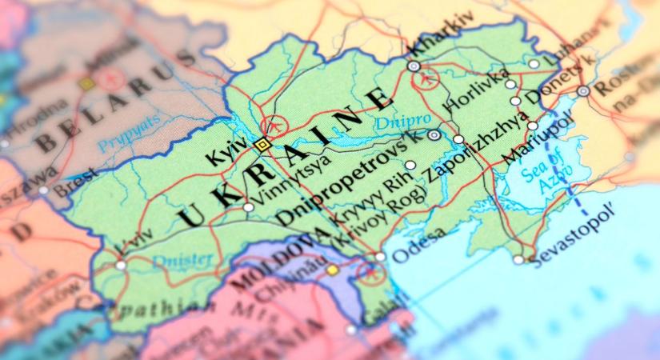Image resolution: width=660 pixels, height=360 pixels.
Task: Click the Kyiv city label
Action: pos(227,150)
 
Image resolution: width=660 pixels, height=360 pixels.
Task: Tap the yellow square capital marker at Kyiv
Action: pos(262,145)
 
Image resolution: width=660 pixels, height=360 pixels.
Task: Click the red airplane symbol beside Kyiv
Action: pos(275,126)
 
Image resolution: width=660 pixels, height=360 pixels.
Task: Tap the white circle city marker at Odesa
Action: pos(380,257)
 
